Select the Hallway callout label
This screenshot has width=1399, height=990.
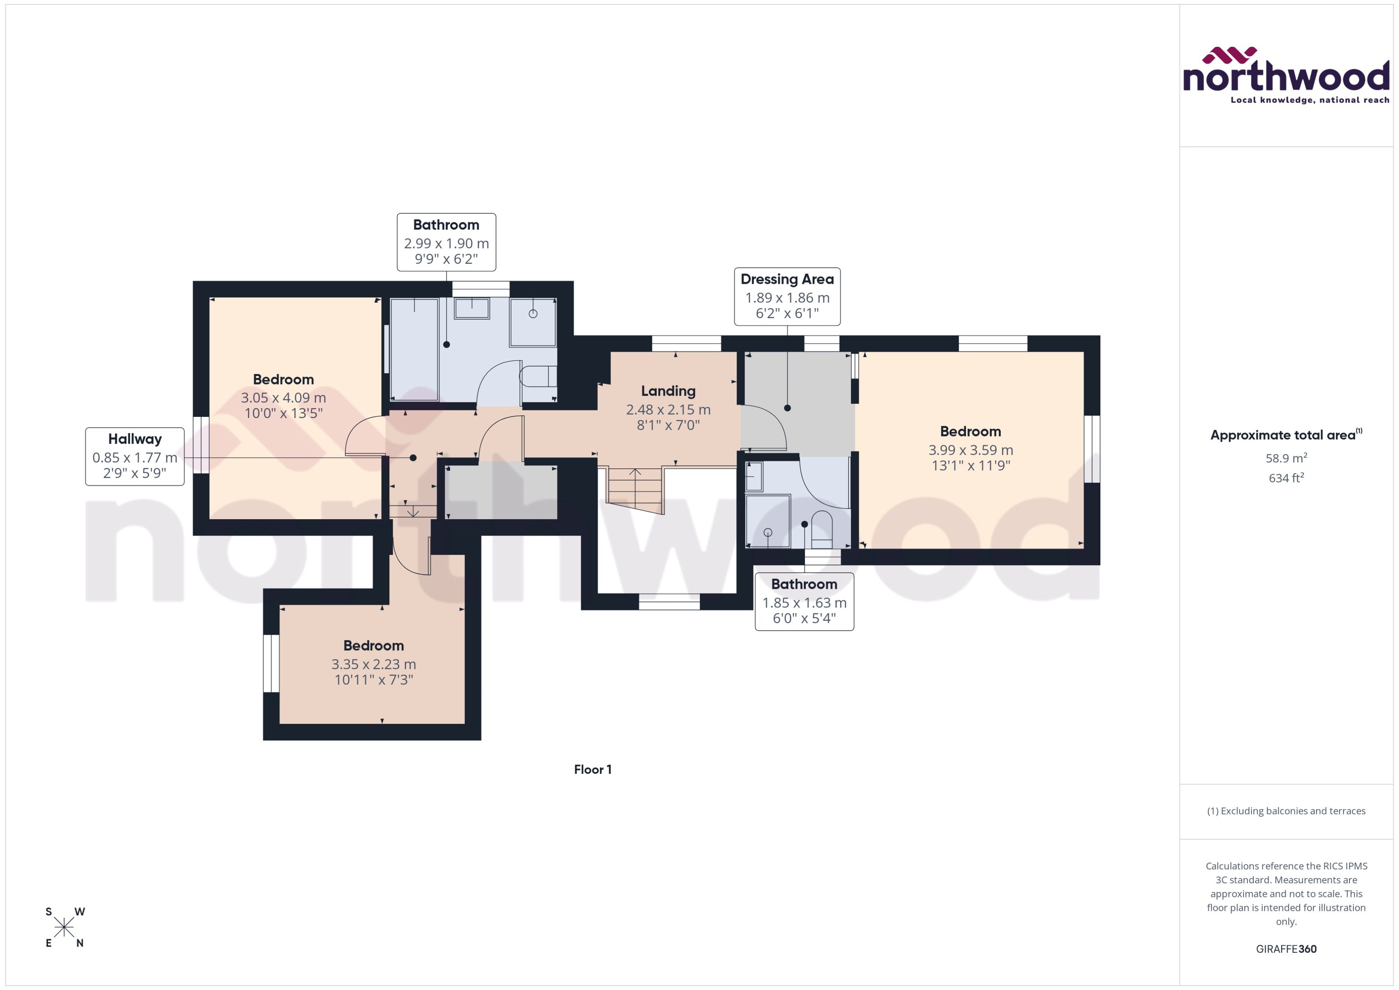tap(135, 456)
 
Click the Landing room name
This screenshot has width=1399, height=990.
tap(668, 391)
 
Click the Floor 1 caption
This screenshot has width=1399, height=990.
tap(592, 769)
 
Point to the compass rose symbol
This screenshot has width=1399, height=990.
tap(64, 927)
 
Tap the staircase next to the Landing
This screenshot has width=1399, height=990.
tap(635, 489)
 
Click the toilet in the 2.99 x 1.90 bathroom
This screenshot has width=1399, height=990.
tap(538, 376)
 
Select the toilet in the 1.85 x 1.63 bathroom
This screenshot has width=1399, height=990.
tap(821, 530)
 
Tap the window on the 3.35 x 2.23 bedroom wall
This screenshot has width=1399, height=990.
tap(271, 663)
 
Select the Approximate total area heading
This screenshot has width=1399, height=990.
tap(1284, 435)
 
